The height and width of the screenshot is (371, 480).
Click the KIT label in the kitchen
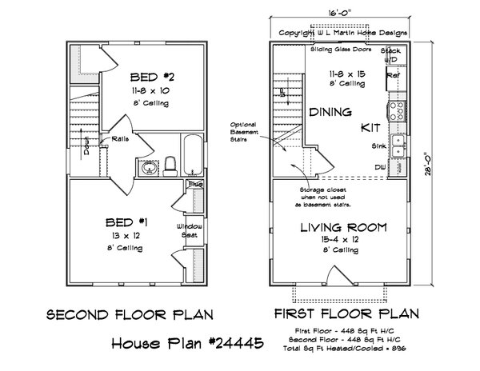tap(369, 127)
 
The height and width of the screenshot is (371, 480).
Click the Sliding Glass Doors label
tap(339, 49)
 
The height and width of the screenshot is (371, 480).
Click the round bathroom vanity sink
tap(147, 168)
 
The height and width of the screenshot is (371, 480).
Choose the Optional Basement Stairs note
tap(242, 132)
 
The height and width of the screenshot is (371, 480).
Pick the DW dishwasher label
tap(378, 166)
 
